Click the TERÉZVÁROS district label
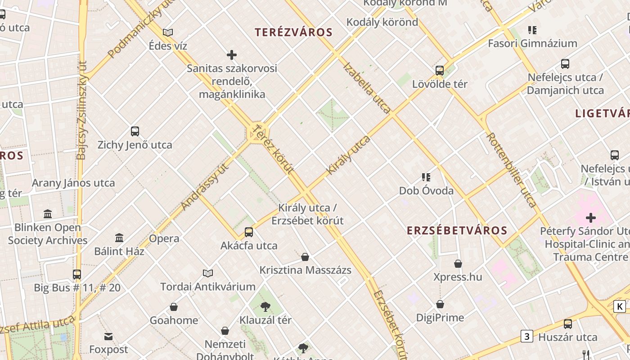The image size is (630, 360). (293, 32)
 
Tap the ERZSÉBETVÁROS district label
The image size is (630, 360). (457, 231)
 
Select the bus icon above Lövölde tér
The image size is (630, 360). (440, 71)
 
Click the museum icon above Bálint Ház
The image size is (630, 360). (119, 238)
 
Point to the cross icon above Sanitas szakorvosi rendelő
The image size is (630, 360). (232, 55)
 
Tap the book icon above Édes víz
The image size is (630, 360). (168, 32)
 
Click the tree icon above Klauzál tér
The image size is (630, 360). (265, 307)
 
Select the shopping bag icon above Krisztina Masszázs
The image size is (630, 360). (305, 257)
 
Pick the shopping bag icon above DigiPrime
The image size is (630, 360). (440, 305)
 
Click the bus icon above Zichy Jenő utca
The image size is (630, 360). (135, 131)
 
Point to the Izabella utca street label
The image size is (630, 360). (367, 87)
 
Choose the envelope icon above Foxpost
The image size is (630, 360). (108, 336)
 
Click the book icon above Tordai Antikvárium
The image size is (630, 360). (207, 273)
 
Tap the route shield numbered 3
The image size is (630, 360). (527, 336)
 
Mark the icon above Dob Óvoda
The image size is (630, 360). (426, 177)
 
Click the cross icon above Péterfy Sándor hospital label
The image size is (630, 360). (590, 218)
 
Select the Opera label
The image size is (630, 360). (164, 238)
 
